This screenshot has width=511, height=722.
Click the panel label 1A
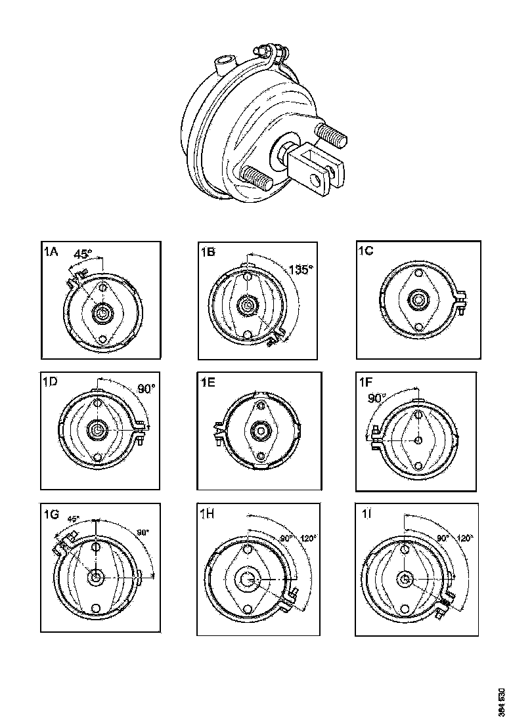coord(51,251)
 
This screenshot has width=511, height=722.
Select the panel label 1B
coord(209,251)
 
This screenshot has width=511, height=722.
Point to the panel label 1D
coord(52,383)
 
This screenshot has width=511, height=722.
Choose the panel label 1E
coord(209,383)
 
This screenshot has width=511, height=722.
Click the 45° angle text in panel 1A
coord(83,254)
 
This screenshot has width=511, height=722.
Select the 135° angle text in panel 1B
coord(300,269)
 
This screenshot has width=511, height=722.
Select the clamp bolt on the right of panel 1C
coord(460,299)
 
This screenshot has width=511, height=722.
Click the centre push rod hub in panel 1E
coord(261,431)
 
